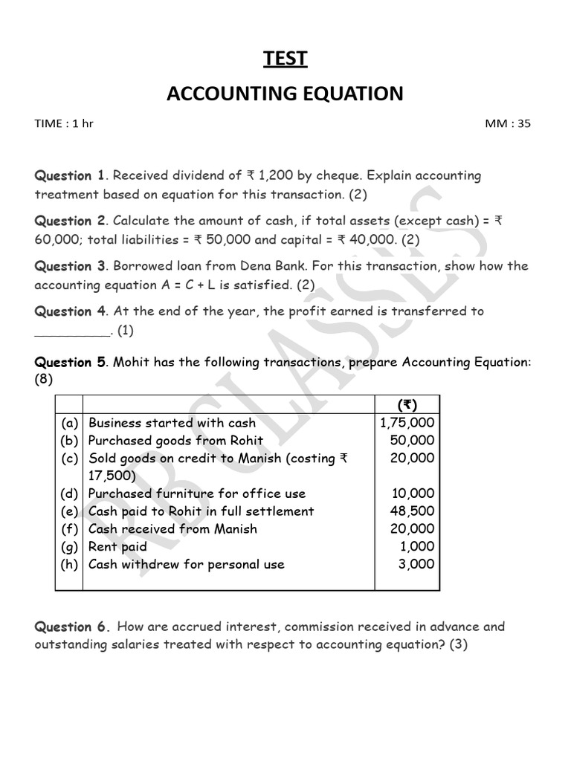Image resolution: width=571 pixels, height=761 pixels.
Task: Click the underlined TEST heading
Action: pos(285,59)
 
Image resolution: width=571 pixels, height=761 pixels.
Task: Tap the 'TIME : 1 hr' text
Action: pos(64,124)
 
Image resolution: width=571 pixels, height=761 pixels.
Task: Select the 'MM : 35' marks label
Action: pos(508,124)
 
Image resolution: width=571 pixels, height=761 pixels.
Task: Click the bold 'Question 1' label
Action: pos(70,176)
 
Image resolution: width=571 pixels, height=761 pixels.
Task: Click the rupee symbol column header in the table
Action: pos(407,405)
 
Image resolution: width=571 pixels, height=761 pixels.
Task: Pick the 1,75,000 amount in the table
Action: pos(407,423)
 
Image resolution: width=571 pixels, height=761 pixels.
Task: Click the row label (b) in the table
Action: pos(70,441)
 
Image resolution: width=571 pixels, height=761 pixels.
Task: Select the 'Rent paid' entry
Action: pos(117,546)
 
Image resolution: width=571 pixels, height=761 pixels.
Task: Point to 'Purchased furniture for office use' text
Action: pos(197,493)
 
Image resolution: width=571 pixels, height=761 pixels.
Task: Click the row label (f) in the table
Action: pos(70,529)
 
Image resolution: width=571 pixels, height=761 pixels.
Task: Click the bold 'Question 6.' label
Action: pos(72,626)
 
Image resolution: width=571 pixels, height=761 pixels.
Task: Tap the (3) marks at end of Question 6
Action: pos(458,644)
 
